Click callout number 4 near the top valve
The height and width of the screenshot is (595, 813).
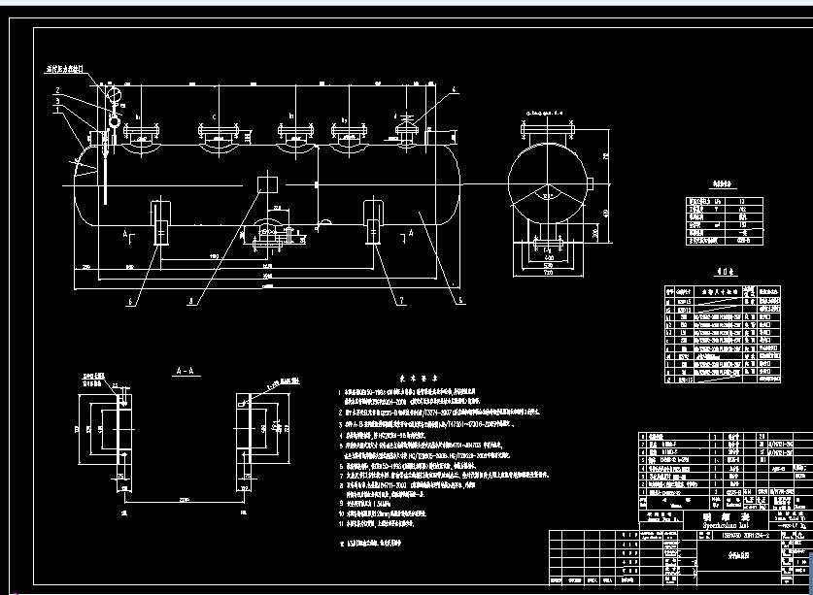(x=453, y=90)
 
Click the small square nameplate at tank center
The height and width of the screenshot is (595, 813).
(x=265, y=185)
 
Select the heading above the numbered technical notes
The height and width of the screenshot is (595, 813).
(x=422, y=380)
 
